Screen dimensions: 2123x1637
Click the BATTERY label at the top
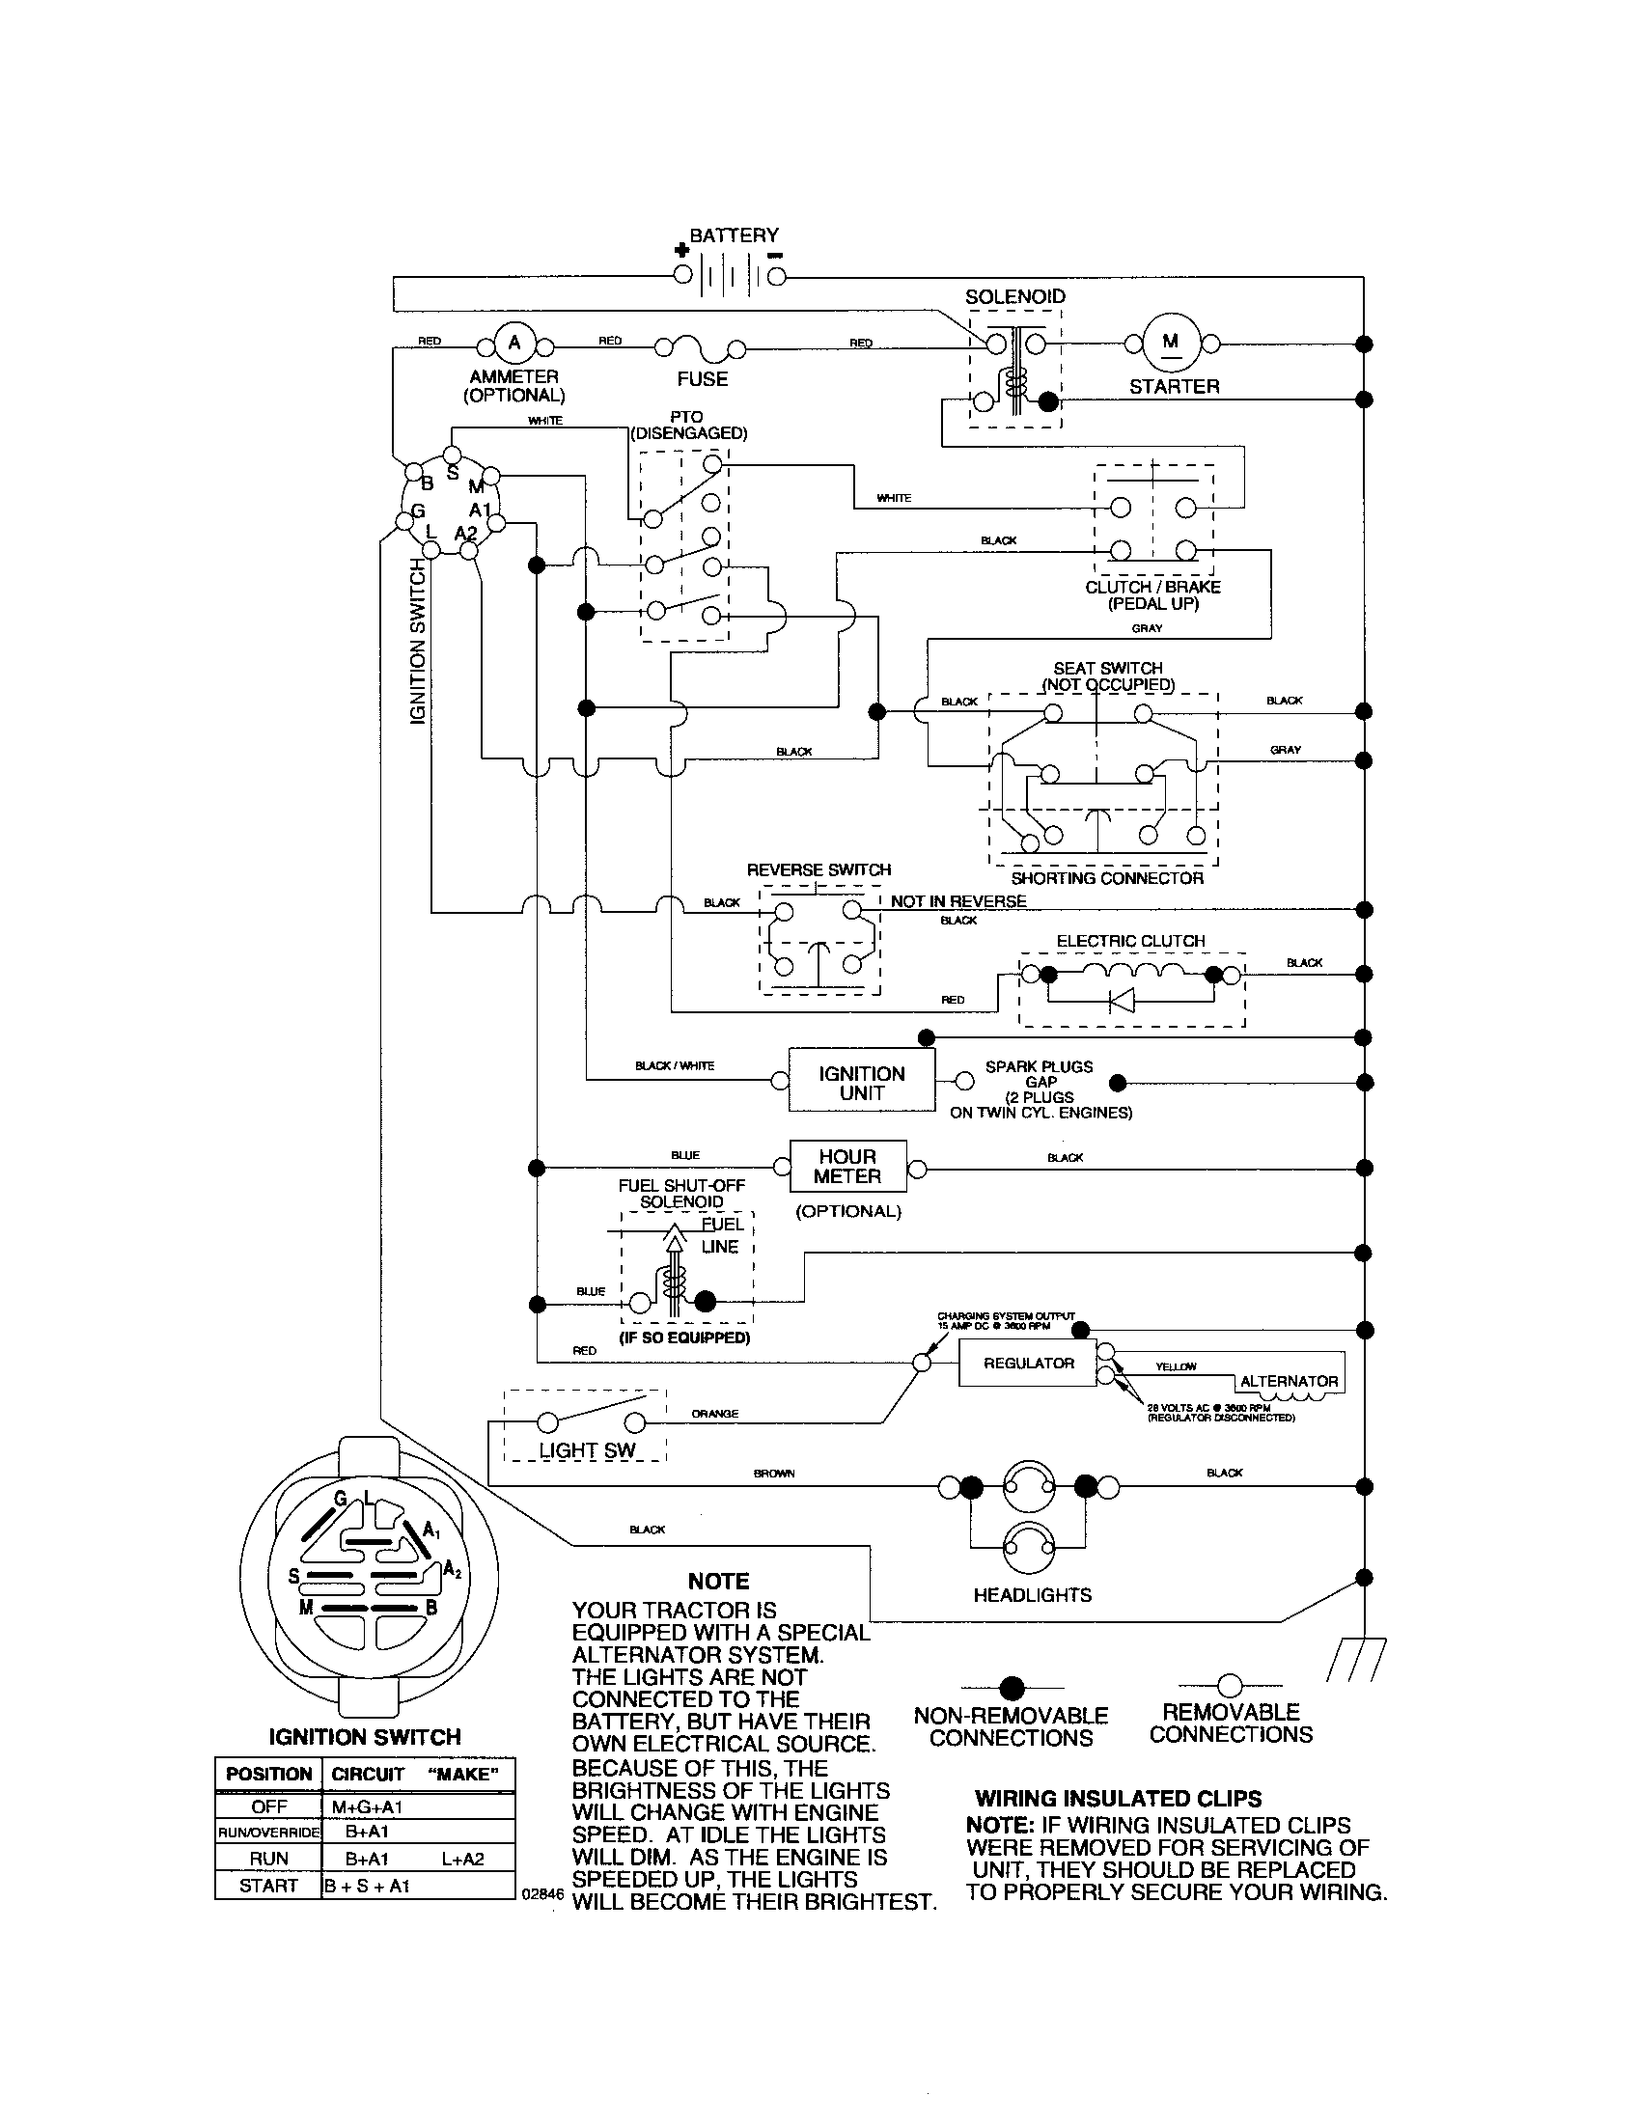point(734,235)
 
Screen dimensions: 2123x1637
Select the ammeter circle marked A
point(514,343)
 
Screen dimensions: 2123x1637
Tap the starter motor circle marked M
point(1171,343)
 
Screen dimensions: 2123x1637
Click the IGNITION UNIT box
point(861,1082)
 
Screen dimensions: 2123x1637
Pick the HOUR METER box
point(847,1167)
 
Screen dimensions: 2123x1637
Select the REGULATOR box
point(1028,1363)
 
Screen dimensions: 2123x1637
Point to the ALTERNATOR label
point(1289,1380)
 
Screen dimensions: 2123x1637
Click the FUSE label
point(702,379)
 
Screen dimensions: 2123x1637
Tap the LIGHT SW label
point(587,1449)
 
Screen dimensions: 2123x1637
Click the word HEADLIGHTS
point(1032,1595)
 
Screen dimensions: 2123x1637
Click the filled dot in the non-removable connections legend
point(1012,1687)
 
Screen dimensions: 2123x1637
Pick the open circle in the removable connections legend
point(1230,1685)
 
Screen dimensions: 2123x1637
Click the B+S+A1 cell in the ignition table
point(368,1886)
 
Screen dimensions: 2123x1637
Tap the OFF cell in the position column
point(268,1806)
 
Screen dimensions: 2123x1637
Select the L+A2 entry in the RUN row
point(462,1859)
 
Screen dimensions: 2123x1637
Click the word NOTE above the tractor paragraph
point(718,1582)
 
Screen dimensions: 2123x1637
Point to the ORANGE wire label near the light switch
point(714,1414)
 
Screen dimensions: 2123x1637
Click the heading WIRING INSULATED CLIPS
point(1118,1799)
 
